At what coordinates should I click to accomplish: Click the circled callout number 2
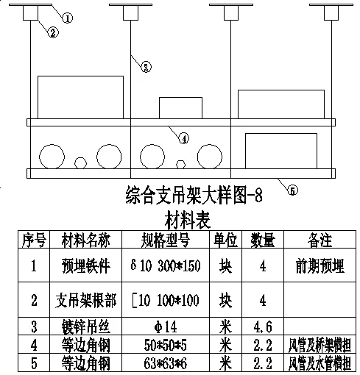[x=54, y=32]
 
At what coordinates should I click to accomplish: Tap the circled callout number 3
[x=147, y=67]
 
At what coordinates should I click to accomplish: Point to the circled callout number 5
[x=292, y=190]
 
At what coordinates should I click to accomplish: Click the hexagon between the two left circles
[x=82, y=162]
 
